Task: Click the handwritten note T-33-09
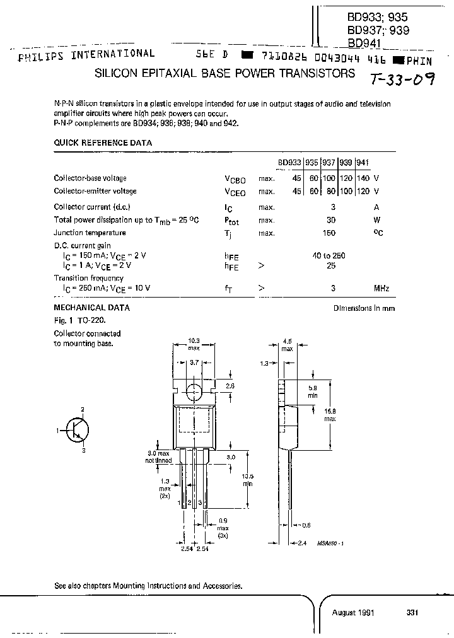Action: coord(401,79)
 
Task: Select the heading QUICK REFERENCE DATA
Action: coord(103,143)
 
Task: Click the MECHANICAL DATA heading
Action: coord(92,308)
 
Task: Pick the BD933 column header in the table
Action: coord(289,162)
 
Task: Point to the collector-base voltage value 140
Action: coord(363,178)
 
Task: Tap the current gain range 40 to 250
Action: coord(329,255)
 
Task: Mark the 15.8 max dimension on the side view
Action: coord(330,415)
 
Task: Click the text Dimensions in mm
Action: coord(364,308)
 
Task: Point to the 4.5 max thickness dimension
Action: coord(287,345)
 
